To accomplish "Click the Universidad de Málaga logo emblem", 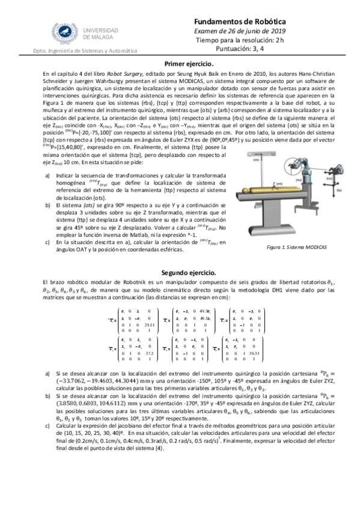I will (62, 30).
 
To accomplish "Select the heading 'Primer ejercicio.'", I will (189, 63).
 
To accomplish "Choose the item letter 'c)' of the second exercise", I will (48, 440).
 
